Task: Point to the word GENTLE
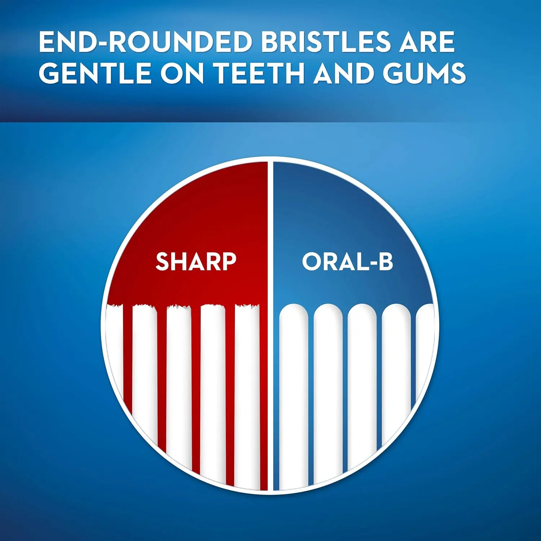click(95, 73)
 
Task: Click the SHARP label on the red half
click(196, 261)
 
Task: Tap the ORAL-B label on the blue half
click(347, 261)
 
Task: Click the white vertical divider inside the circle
click(270, 361)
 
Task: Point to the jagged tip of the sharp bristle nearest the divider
click(247, 307)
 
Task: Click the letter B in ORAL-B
click(385, 261)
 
